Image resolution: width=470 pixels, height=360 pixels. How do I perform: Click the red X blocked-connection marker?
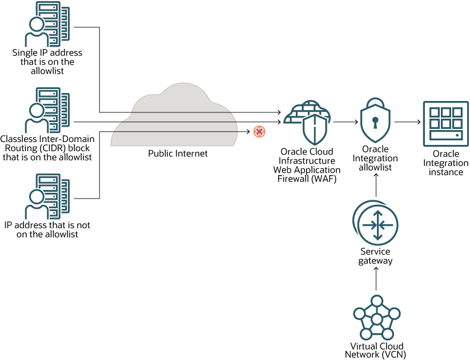coord(259,132)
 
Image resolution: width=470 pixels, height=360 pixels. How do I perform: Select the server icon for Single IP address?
coord(47,23)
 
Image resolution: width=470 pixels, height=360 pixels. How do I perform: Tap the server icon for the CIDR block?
coord(47,110)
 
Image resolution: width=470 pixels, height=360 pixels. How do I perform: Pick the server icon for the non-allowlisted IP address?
coord(47,197)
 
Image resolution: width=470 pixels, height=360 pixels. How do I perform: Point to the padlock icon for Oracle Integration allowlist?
coord(375,121)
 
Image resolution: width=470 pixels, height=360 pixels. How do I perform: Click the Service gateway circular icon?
coord(375,223)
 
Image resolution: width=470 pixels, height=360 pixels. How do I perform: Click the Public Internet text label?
coord(178,153)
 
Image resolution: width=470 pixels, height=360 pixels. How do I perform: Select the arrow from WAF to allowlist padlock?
coord(345,122)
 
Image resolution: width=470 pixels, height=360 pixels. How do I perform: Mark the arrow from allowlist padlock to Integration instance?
coord(407,122)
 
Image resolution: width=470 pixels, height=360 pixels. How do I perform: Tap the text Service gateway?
coord(375,256)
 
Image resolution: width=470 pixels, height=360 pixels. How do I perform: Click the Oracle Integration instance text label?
coord(446,163)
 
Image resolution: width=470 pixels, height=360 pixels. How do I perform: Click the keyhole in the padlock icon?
coord(375,122)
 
